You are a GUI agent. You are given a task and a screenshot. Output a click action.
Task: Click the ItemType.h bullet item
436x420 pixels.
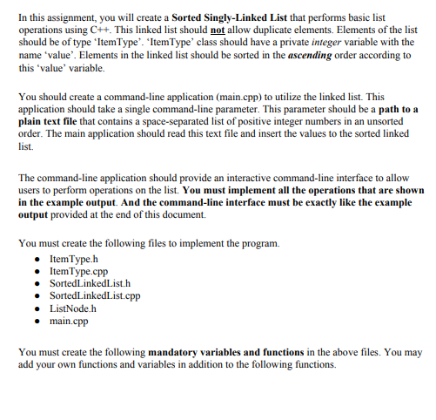coord(76,260)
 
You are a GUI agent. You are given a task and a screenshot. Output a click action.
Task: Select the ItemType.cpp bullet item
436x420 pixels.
coord(81,272)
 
